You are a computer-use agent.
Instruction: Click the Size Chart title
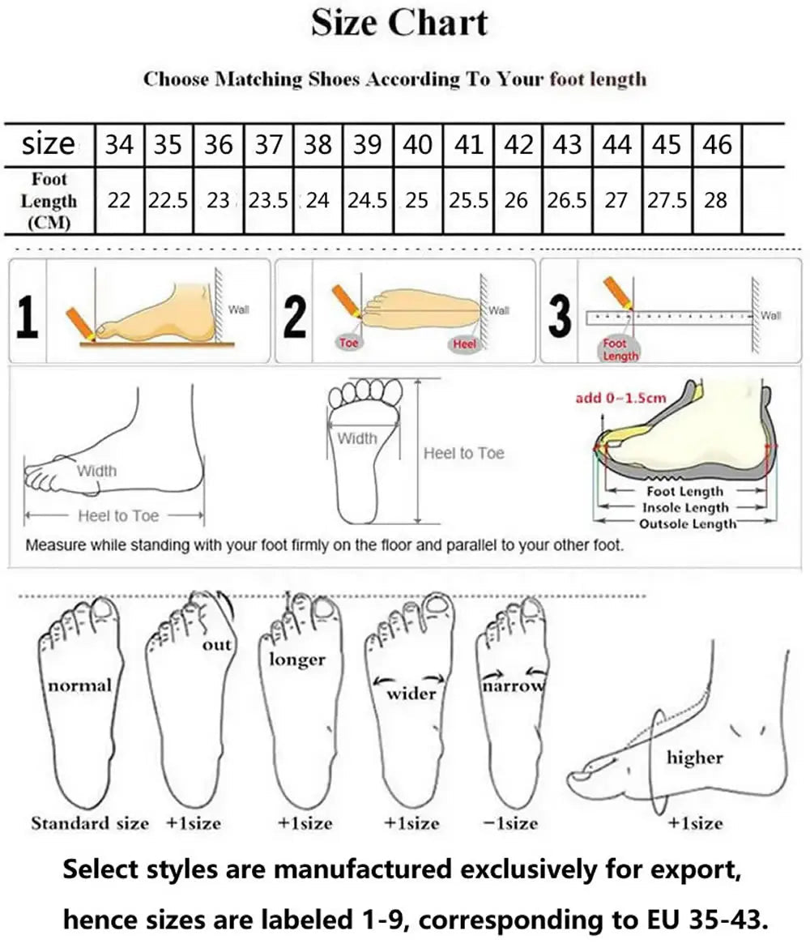point(400,23)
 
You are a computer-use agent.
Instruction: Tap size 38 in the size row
point(318,144)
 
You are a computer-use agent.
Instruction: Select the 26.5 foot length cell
point(567,200)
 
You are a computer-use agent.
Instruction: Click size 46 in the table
point(717,144)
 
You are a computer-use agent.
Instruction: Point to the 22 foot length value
point(119,200)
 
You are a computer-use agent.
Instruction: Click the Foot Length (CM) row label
point(49,200)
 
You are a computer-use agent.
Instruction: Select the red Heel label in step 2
point(464,344)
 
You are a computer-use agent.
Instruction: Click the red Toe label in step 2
point(349,343)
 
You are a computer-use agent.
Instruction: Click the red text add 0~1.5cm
point(620,398)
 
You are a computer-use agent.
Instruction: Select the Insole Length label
point(684,508)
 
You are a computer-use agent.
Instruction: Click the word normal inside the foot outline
point(79,685)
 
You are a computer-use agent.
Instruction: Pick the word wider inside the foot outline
point(411,693)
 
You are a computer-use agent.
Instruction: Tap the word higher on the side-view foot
point(694,758)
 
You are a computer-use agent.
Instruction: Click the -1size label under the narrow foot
point(511,823)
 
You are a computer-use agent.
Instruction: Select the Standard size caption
point(90,823)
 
